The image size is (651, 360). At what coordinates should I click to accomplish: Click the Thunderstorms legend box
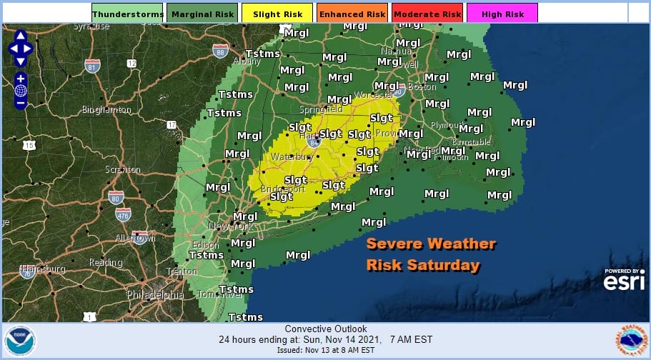(128, 13)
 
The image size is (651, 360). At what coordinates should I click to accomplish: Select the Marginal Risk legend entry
(202, 13)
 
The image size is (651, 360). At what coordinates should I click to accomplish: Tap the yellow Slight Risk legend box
(277, 13)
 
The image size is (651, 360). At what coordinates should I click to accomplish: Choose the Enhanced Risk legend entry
(352, 13)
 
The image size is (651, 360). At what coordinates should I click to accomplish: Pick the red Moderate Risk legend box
(426, 13)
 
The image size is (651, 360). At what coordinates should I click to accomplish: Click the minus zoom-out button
(20, 103)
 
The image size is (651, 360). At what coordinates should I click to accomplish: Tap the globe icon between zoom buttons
(20, 91)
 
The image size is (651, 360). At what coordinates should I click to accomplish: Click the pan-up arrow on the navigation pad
(20, 35)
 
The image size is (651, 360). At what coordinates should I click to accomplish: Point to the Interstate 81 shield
(91, 66)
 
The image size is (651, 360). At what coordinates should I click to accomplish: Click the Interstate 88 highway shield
(220, 51)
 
